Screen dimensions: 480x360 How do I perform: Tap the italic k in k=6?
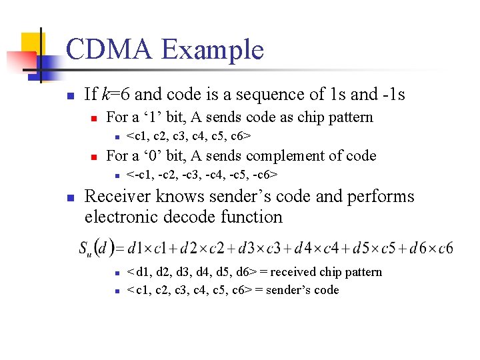click(105, 95)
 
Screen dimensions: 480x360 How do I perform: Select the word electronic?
click(119, 217)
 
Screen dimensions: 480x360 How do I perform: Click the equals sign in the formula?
click(119, 249)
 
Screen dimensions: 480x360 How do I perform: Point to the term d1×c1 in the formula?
click(144, 248)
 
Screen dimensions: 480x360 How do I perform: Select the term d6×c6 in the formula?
click(433, 248)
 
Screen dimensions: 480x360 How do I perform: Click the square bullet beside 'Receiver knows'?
click(71, 197)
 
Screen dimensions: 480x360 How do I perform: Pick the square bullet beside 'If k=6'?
click(71, 95)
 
